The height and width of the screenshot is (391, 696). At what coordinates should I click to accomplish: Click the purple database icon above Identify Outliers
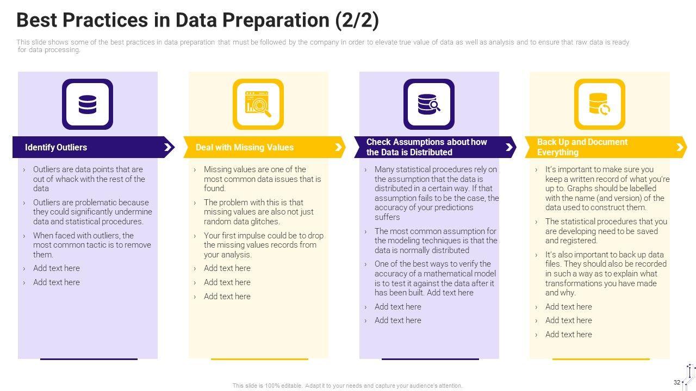88,104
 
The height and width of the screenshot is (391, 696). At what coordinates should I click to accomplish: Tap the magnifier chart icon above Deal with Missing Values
258,104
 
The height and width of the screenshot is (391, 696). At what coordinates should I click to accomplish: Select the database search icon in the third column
429,104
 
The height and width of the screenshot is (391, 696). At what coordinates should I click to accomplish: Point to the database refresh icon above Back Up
599,104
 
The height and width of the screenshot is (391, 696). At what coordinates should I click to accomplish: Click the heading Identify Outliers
56,147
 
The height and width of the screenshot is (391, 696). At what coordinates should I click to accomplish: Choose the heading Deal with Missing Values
245,147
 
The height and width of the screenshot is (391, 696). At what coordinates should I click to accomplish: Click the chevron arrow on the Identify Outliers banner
168,147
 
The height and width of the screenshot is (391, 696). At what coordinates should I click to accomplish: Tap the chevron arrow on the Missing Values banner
338,147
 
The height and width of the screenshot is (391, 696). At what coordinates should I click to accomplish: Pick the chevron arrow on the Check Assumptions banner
509,147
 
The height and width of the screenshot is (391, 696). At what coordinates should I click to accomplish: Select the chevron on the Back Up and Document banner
680,147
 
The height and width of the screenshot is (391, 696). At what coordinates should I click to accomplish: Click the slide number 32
677,382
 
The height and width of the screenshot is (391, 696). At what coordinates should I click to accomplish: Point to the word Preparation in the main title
276,21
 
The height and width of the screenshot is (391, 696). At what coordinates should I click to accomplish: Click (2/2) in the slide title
357,21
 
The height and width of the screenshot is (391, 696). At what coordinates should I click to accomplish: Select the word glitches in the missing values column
265,222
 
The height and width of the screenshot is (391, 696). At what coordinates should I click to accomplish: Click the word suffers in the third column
387,217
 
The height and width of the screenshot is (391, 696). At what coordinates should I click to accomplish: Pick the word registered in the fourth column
571,241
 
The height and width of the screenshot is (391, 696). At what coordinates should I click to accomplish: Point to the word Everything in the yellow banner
558,153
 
